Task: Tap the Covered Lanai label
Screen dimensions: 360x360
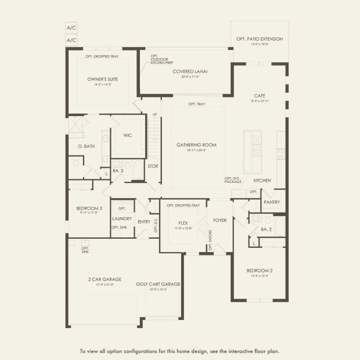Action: click(x=190, y=72)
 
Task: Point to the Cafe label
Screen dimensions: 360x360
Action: click(x=259, y=96)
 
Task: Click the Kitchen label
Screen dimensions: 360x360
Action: click(x=262, y=181)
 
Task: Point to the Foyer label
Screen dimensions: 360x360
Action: click(x=220, y=220)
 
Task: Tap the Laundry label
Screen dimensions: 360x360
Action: click(x=122, y=219)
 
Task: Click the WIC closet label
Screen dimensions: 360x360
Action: click(x=127, y=136)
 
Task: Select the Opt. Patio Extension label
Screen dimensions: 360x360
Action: click(x=259, y=39)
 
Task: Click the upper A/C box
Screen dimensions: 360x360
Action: click(x=71, y=28)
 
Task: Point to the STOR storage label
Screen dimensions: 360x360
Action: click(x=152, y=166)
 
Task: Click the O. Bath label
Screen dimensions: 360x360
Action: click(x=86, y=146)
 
